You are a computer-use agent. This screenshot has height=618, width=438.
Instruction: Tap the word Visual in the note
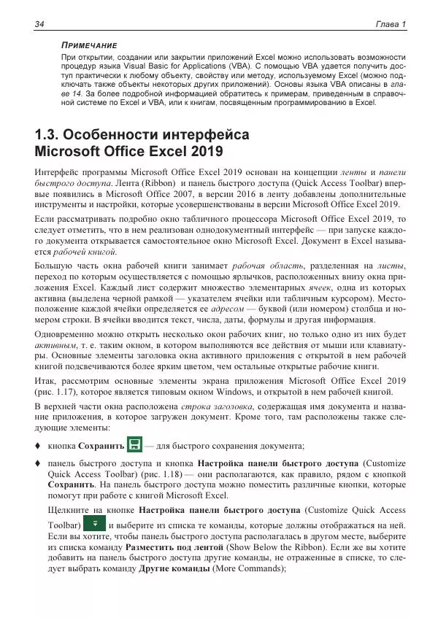tap(145, 66)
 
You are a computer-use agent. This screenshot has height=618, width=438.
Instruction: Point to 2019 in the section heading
tap(207, 152)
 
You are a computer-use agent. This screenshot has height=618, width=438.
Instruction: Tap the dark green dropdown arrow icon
tap(94, 523)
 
